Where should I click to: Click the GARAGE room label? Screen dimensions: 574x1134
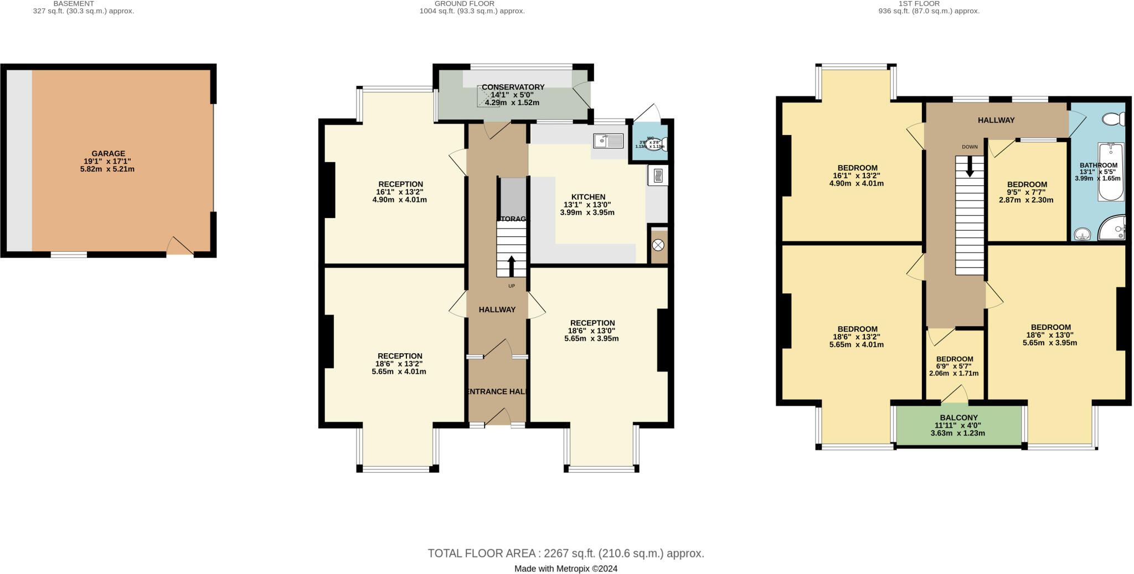coord(108,154)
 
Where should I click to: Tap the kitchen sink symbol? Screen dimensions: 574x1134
coord(607,141)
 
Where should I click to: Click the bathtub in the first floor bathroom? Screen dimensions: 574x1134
coord(1111,172)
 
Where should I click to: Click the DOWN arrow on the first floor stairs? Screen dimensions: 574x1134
coord(969,167)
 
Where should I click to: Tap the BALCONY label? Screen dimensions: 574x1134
coord(958,418)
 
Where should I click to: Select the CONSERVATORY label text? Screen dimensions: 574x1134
coord(513,87)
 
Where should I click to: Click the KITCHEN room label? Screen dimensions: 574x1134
coord(588,197)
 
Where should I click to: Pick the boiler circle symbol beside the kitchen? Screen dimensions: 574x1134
coord(658,245)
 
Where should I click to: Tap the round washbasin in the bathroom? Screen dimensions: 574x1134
coord(1081,234)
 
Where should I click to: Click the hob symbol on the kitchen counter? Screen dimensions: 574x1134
coord(658,175)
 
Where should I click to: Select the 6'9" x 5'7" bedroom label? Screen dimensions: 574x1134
coord(955,359)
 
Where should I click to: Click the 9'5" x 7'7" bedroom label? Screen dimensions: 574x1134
coord(1027,185)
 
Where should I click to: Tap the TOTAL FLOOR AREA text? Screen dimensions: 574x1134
coord(565,553)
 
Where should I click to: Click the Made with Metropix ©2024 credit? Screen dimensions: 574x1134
coord(565,568)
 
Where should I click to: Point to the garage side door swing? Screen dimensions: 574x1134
coord(179,246)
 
